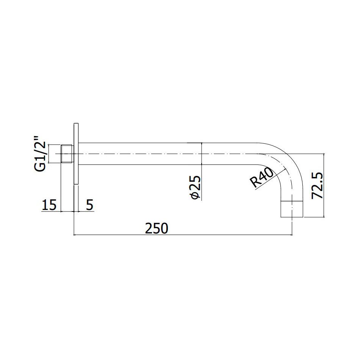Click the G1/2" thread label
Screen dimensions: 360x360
pyautogui.click(x=40, y=154)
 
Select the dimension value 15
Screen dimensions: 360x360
pyautogui.click(x=49, y=205)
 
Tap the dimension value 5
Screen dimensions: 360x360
pyautogui.click(x=89, y=205)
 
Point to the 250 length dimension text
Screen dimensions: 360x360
pyautogui.click(x=157, y=229)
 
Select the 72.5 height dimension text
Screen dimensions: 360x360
pyautogui.click(x=318, y=186)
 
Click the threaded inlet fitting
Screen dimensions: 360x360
pyautogui.click(x=67, y=154)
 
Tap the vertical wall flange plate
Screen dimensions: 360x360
pyautogui.click(x=76, y=154)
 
